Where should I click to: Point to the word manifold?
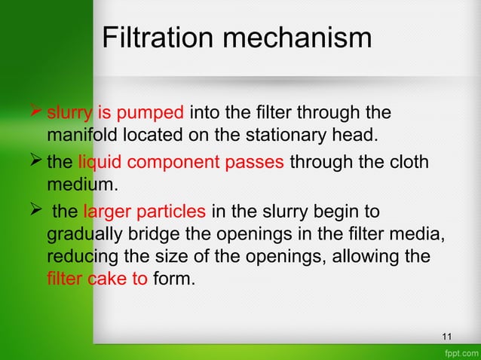77,137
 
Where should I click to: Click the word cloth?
409,162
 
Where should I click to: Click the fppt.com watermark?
461,352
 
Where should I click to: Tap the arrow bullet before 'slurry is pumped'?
35,114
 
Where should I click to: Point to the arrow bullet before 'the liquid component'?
35,162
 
